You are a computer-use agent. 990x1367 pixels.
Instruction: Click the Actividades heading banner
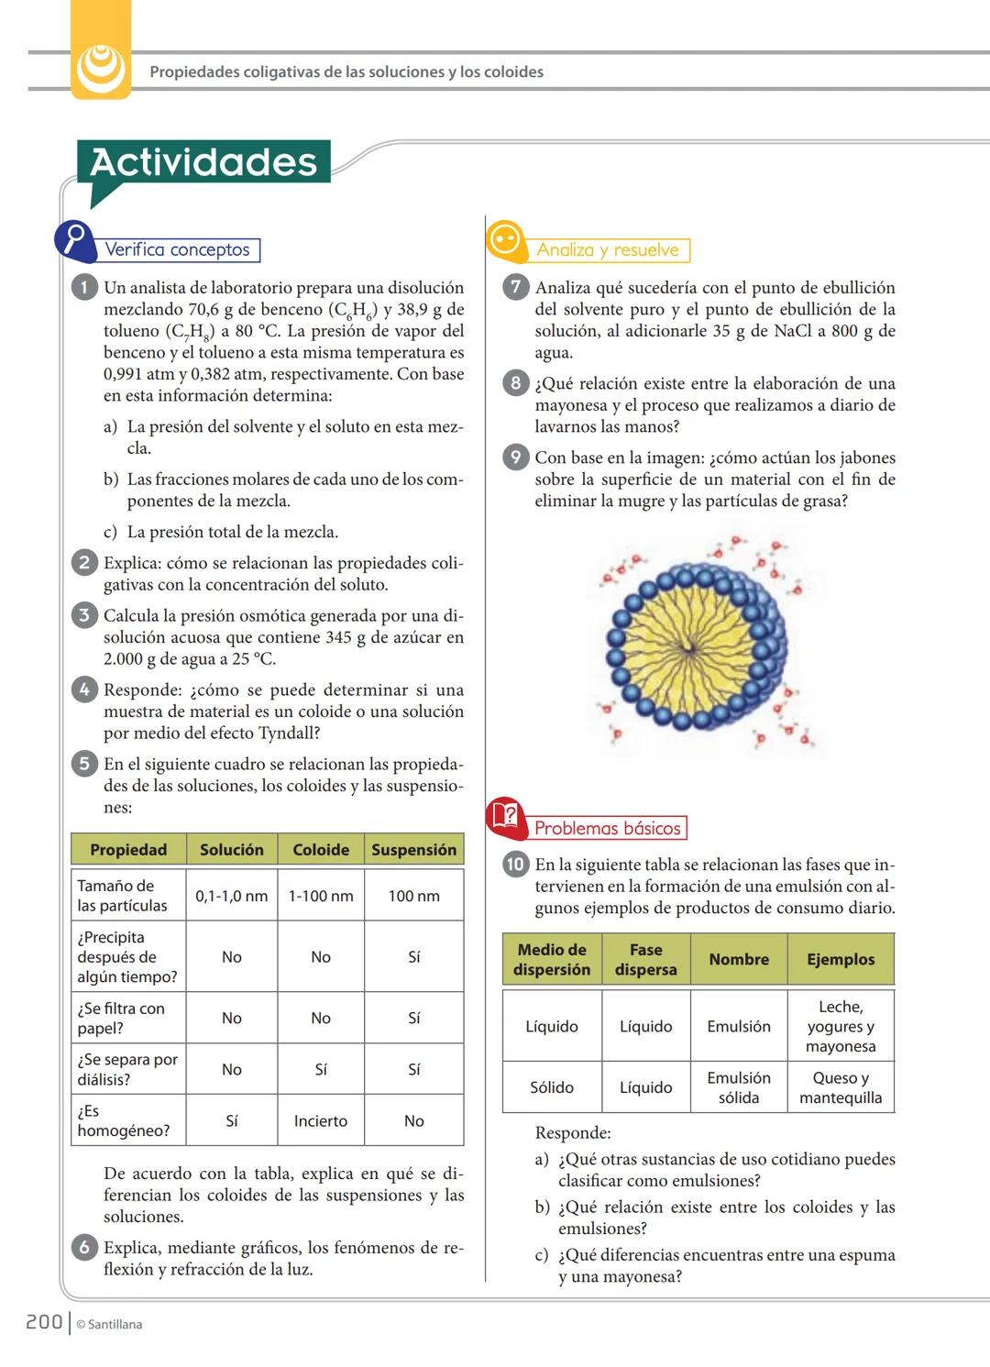pos(203,162)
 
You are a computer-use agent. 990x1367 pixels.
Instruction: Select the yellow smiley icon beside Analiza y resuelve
pos(505,240)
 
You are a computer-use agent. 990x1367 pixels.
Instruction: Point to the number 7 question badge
pos(515,287)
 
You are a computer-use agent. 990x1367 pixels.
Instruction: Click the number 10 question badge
pos(515,864)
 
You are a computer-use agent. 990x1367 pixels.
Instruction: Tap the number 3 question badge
pos(83,615)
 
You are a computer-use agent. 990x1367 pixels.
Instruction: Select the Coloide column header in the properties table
pos(321,850)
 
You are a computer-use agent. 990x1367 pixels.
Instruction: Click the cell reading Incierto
pos(321,1120)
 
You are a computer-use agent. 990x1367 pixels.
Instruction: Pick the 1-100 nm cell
pos(321,896)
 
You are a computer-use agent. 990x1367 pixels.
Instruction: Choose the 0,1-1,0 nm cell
pos(231,896)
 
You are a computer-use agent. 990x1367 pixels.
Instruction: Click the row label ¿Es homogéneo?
pos(124,1120)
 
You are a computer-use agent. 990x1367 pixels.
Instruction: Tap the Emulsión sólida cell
pos(739,1087)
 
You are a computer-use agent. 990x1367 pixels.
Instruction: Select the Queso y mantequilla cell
pos(841,1087)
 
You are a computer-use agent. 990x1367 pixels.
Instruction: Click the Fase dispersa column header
pos(646,959)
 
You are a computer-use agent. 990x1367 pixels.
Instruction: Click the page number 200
pos(43,1322)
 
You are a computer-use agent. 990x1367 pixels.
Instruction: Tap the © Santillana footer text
pos(109,1324)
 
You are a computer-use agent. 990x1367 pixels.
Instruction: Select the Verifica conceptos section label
pos(177,249)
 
